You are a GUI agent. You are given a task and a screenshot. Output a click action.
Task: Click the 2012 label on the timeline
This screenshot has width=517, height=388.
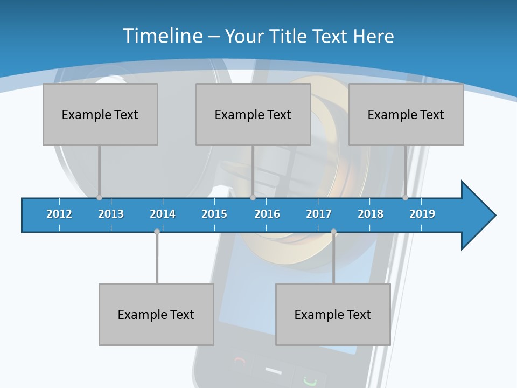click(x=59, y=214)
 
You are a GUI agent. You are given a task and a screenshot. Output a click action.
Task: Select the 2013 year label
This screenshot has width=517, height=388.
click(x=111, y=214)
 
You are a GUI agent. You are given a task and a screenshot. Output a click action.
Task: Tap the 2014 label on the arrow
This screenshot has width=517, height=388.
click(x=163, y=214)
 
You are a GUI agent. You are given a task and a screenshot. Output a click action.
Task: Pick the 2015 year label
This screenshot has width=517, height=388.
click(x=214, y=214)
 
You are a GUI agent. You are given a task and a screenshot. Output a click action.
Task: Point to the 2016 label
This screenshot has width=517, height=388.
click(x=267, y=214)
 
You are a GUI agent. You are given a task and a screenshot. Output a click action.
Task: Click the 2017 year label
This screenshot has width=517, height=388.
click(x=319, y=214)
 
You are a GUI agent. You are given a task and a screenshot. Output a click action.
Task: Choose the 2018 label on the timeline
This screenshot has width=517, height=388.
click(x=371, y=214)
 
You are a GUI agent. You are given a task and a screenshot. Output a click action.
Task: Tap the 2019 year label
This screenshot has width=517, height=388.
click(x=422, y=214)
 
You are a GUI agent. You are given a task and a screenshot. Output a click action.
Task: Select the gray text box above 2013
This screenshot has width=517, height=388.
click(x=100, y=114)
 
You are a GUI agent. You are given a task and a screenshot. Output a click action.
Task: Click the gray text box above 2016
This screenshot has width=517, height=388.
click(x=253, y=114)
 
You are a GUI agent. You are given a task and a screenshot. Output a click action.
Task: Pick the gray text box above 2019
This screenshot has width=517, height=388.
click(x=406, y=114)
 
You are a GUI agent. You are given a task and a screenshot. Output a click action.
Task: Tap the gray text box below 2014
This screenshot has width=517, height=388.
click(x=156, y=314)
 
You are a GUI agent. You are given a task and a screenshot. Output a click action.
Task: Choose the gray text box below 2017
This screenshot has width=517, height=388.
click(x=333, y=314)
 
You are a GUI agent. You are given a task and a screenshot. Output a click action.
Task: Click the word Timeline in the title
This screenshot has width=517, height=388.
click(x=163, y=36)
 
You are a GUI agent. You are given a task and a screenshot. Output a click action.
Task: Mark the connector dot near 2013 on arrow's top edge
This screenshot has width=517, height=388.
click(x=99, y=197)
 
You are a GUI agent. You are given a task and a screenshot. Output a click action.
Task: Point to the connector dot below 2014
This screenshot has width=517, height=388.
click(x=157, y=232)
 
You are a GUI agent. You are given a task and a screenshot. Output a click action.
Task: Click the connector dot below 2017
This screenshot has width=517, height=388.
click(x=333, y=232)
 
